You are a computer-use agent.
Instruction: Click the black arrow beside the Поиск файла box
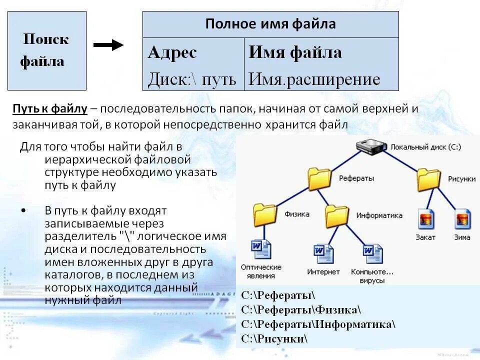point(108,45)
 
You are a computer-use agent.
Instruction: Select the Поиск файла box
point(47,50)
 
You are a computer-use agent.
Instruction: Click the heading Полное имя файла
point(270,24)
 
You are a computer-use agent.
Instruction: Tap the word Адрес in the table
point(172,53)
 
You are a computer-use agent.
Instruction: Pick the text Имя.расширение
point(314,79)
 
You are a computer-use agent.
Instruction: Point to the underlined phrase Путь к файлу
point(50,109)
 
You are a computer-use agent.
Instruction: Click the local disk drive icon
point(372,146)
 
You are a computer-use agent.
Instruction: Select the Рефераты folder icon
point(319,178)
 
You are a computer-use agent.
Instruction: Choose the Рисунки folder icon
point(428,179)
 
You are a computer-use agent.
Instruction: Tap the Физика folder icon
point(265,214)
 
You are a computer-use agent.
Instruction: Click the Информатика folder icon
point(336,216)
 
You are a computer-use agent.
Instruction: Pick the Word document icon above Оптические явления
point(261,249)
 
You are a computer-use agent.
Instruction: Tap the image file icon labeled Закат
point(425,219)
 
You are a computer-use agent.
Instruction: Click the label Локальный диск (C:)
point(425,147)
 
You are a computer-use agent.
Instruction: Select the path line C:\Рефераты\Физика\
point(300,309)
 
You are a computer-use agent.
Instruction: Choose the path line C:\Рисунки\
point(274,338)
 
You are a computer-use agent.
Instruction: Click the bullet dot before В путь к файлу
point(24,210)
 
